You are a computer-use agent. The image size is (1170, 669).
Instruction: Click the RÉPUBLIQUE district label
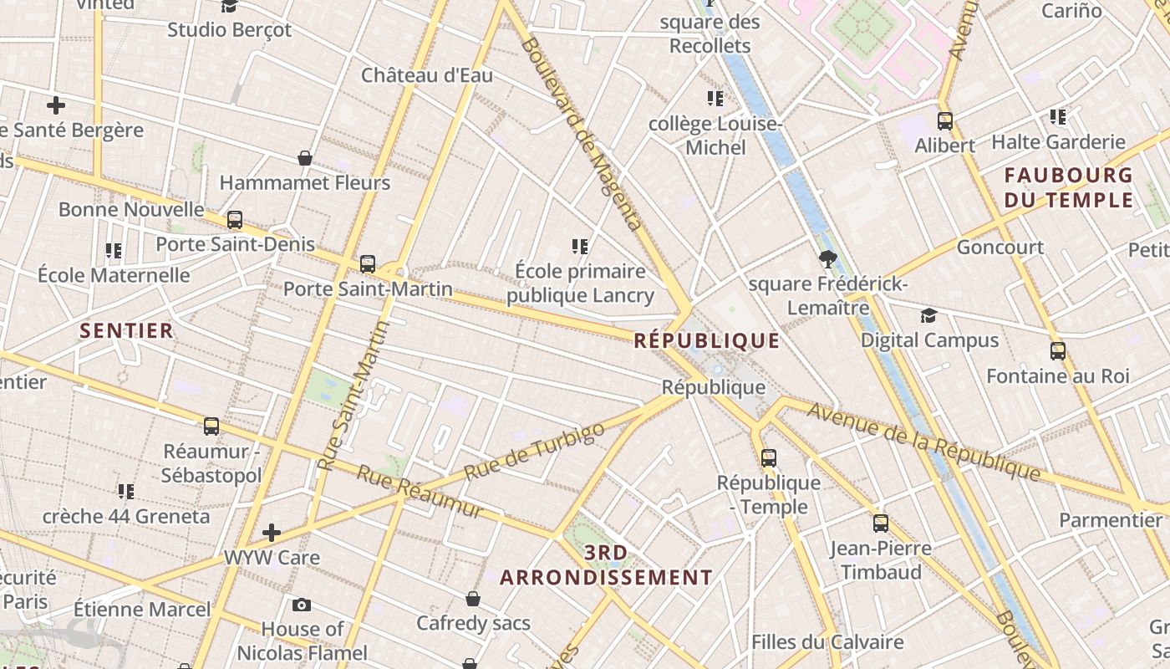point(706,340)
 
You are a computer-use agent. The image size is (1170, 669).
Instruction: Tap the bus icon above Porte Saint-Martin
point(368,264)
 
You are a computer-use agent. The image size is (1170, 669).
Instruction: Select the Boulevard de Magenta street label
point(582,134)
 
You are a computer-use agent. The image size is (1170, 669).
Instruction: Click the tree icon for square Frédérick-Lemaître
point(828,259)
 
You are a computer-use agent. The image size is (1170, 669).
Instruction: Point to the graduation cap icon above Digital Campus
point(928,315)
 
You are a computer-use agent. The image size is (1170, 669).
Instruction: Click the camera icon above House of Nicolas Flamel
point(302,605)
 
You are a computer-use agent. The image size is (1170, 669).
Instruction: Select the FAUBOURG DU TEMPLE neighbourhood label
point(1068,187)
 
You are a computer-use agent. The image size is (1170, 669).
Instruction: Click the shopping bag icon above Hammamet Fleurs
point(305,158)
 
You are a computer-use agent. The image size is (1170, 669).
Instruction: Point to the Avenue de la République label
point(923,443)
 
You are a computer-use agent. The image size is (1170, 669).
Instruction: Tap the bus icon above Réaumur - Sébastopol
point(211,426)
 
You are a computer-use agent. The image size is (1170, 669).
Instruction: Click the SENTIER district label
point(126,330)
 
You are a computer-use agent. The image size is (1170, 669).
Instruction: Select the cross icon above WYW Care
point(272,533)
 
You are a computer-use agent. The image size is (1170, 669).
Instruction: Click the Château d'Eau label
point(427,75)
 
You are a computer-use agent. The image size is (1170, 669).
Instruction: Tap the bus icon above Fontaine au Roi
point(1058,351)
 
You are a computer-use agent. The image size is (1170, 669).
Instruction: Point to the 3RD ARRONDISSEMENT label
point(606,565)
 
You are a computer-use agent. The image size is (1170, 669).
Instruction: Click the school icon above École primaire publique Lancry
point(580,247)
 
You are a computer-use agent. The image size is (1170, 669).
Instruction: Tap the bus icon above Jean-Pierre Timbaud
point(881,523)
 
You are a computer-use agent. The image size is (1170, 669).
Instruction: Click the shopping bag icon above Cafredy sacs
point(473,599)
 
